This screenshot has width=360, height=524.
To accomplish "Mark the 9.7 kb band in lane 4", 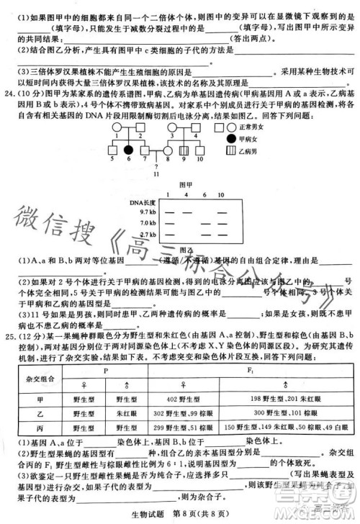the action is [187, 212].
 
